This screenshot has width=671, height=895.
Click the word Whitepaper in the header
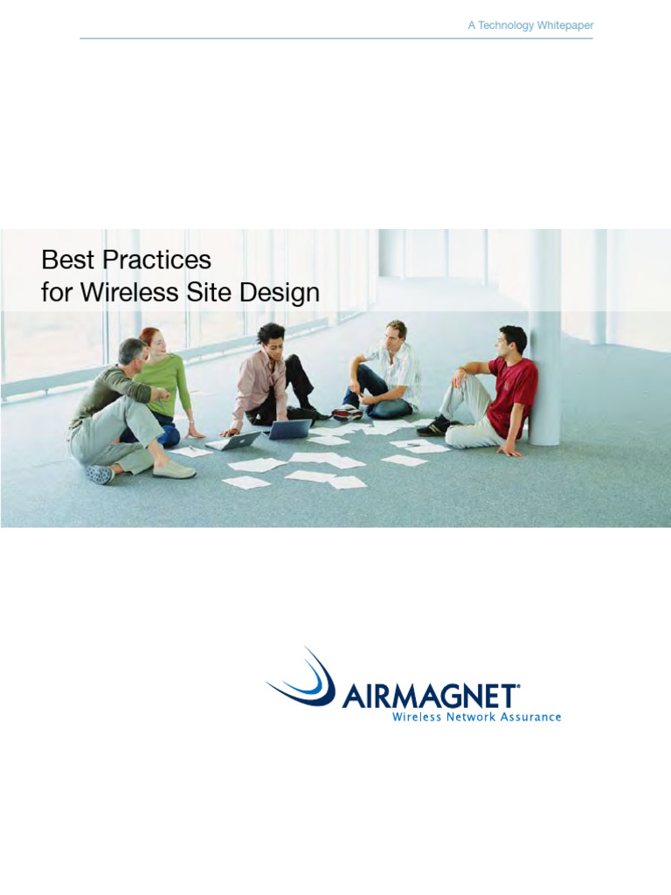pyautogui.click(x=565, y=25)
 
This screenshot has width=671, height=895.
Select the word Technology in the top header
pyautogui.click(x=506, y=25)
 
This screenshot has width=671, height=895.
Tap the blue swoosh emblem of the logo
pyautogui.click(x=306, y=678)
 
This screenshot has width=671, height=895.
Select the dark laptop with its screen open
pyautogui.click(x=289, y=429)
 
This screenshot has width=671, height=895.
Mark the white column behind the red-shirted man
pyautogui.click(x=544, y=350)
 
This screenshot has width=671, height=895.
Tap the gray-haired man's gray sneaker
pyautogui.click(x=100, y=473)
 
